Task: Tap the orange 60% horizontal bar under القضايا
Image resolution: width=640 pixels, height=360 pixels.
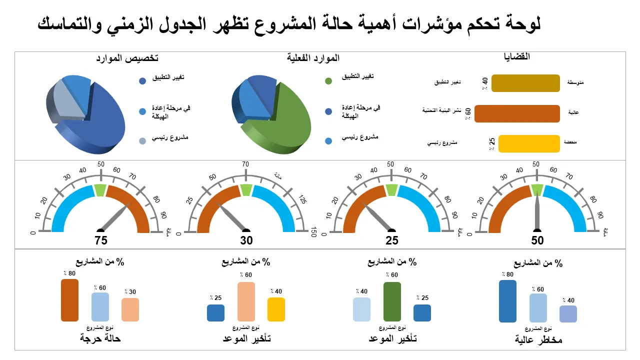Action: click(x=516, y=113)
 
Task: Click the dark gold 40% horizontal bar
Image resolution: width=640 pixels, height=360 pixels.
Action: click(x=525, y=83)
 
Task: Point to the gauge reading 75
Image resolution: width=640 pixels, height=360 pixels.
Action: click(x=101, y=240)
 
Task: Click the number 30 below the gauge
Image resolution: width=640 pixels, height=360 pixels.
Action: click(x=246, y=240)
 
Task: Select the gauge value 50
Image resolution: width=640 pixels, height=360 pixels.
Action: click(x=537, y=240)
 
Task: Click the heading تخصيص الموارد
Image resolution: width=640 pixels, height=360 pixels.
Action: click(x=127, y=58)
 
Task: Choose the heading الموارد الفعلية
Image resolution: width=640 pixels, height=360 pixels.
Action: click(x=313, y=58)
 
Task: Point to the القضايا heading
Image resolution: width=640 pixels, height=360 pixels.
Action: click(x=516, y=56)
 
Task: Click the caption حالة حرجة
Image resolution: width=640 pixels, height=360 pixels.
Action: click(x=100, y=338)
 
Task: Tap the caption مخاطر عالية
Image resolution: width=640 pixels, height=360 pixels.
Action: click(x=538, y=340)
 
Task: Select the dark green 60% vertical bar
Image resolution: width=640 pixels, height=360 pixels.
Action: click(x=392, y=301)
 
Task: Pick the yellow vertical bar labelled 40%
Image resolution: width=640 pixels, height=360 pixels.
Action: click(x=276, y=309)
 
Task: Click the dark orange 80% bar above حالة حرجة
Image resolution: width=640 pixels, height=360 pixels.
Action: click(x=69, y=300)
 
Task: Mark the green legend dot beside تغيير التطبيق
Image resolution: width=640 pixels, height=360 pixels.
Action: click(x=328, y=81)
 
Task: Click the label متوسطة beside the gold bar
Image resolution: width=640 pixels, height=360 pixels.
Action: click(x=575, y=82)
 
